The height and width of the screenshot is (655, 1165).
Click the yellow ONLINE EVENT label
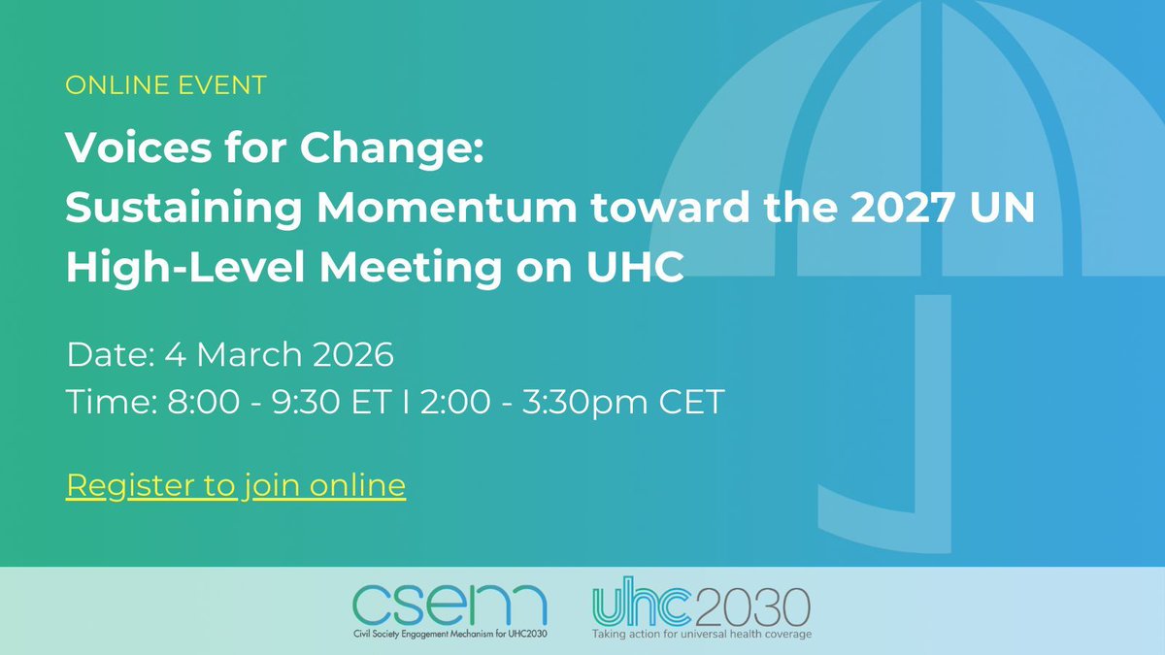166,85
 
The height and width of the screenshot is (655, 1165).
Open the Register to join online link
236,484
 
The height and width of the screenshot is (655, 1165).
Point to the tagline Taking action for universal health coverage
702,635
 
